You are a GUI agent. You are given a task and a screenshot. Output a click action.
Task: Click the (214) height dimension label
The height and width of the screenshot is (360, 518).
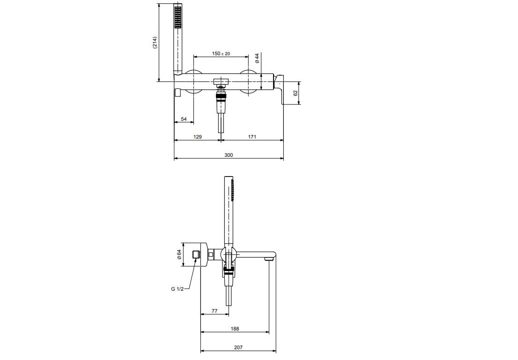tap(155, 43)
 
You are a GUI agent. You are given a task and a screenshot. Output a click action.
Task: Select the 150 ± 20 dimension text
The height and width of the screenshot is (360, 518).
tap(221, 53)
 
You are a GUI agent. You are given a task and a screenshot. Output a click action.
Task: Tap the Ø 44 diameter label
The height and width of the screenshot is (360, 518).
tap(257, 59)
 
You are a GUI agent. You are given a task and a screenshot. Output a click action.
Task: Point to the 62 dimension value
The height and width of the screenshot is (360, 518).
tap(296, 93)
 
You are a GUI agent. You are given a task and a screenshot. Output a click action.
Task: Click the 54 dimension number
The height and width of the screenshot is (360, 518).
tap(184, 119)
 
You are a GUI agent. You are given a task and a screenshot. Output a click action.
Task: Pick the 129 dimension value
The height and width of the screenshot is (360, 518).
tap(197, 137)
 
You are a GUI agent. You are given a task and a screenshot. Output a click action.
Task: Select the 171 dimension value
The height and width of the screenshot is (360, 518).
tap(252, 137)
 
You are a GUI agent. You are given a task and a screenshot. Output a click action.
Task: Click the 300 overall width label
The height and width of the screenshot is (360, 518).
tap(229, 155)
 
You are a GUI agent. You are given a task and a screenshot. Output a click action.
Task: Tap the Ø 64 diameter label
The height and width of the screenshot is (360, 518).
tap(179, 254)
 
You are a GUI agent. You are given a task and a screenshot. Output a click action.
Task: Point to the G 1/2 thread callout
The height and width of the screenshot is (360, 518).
tap(178, 289)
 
